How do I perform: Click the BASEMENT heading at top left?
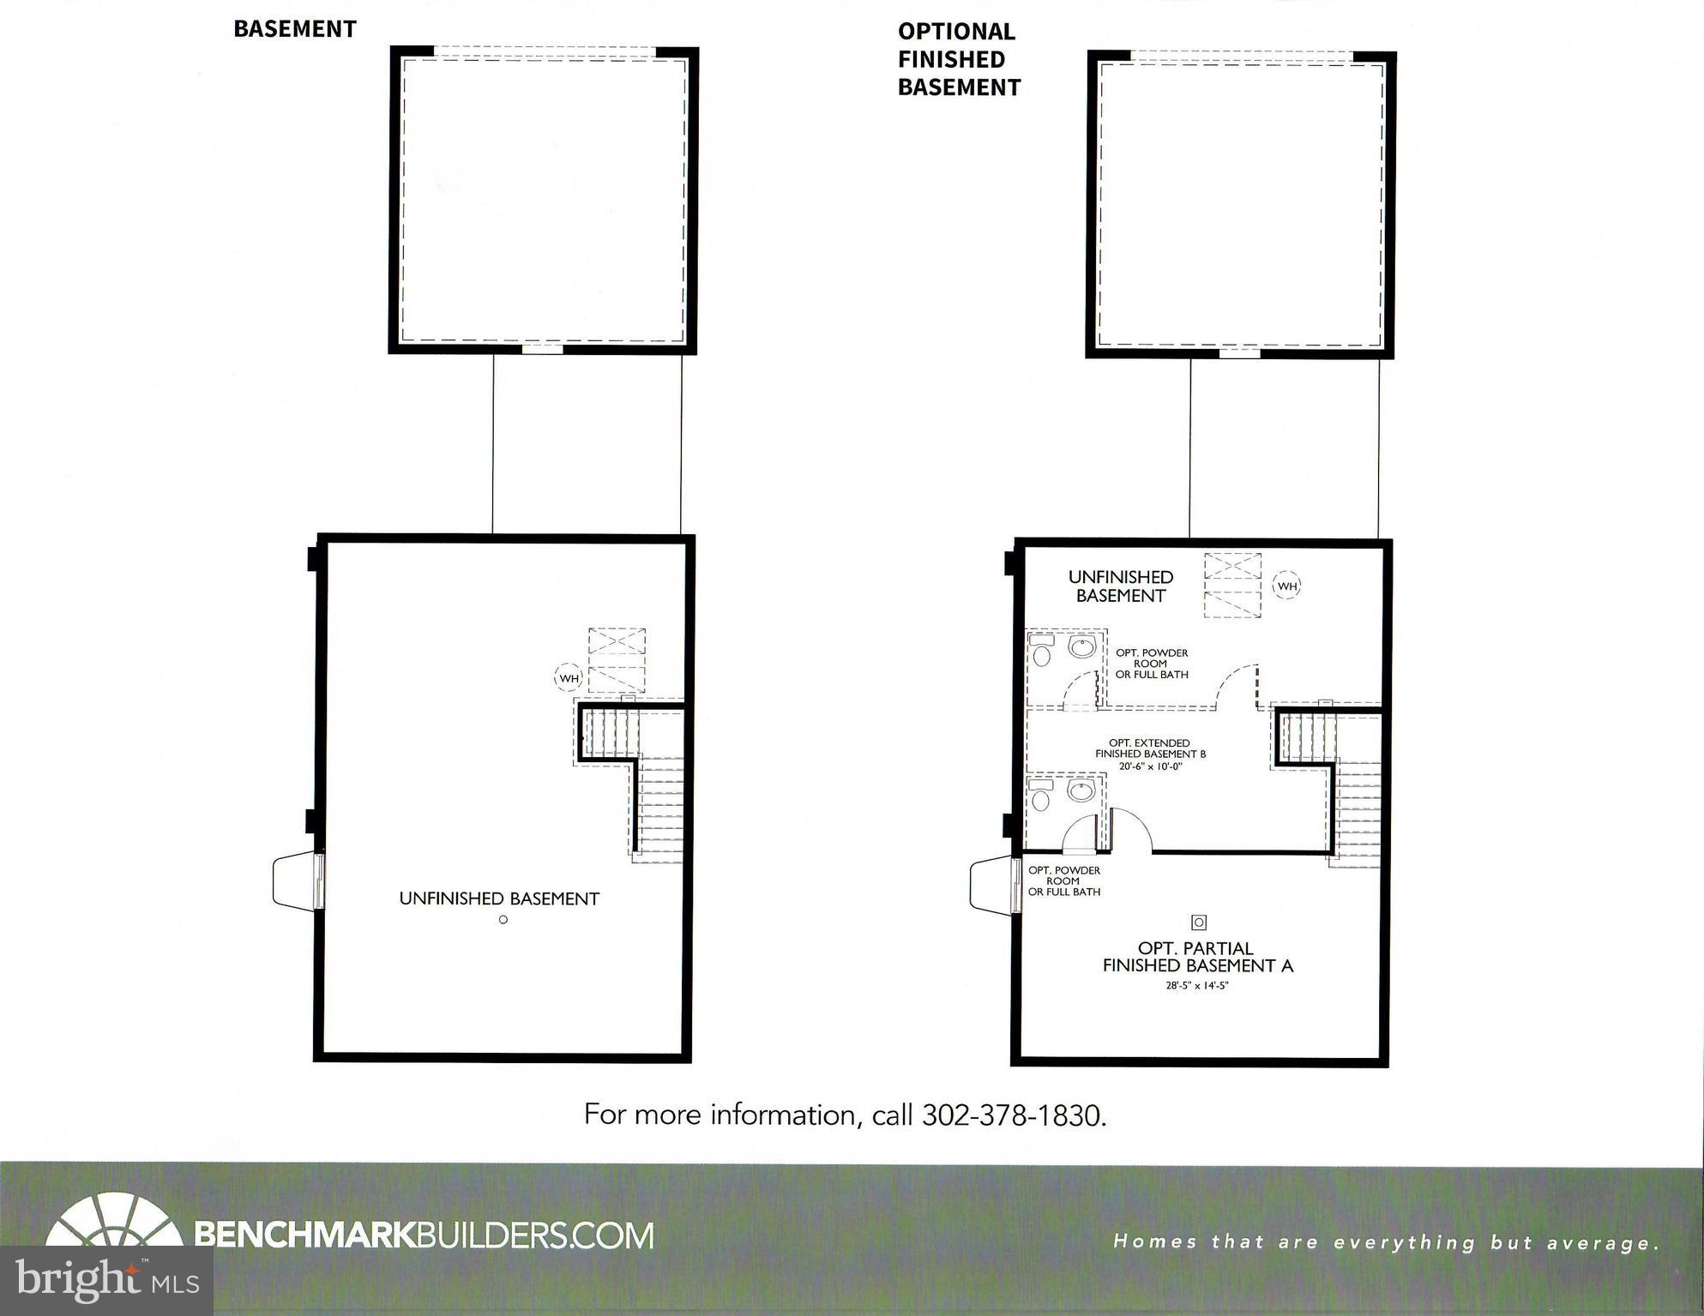294,29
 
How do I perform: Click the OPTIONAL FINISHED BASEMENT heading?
958,59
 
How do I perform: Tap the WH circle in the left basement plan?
569,678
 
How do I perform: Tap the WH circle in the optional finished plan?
1286,586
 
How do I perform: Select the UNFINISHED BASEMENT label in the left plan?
499,898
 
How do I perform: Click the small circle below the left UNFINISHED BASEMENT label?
503,920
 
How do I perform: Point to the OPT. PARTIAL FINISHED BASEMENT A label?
1197,957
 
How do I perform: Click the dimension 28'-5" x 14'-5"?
1197,986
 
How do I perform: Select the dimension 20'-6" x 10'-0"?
1150,766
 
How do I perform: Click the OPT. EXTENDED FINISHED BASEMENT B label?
1150,748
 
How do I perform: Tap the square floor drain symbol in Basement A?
1199,922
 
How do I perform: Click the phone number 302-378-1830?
1014,1115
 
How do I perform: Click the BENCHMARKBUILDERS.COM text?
424,1235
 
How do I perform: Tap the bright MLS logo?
106,1281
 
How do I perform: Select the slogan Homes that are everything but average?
1386,1242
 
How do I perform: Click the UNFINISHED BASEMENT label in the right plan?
1120,586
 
